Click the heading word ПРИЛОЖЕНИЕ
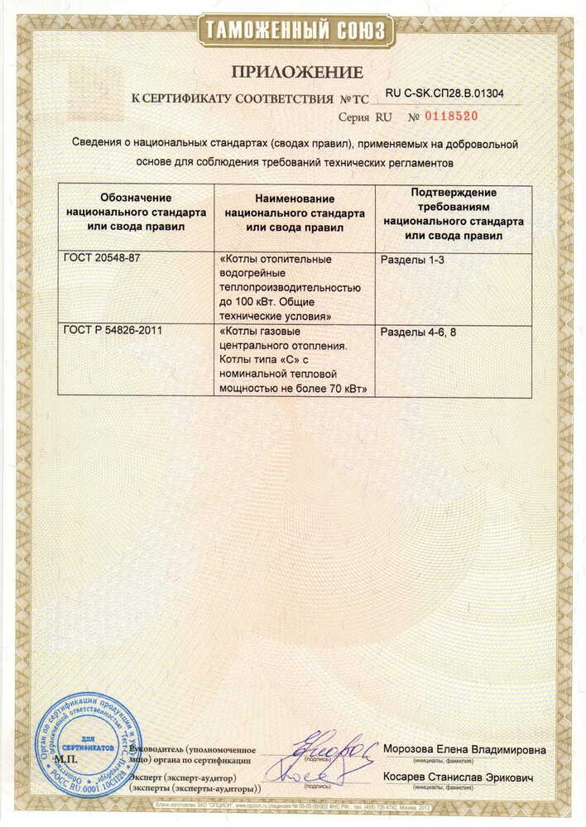pos(297,72)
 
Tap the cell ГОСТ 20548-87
pos(102,259)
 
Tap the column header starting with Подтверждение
pos(454,213)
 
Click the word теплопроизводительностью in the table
pos(290,287)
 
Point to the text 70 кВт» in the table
pos(347,388)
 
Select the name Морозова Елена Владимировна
pos(464,750)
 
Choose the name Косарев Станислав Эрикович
pos(458,778)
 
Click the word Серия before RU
pos(353,117)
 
